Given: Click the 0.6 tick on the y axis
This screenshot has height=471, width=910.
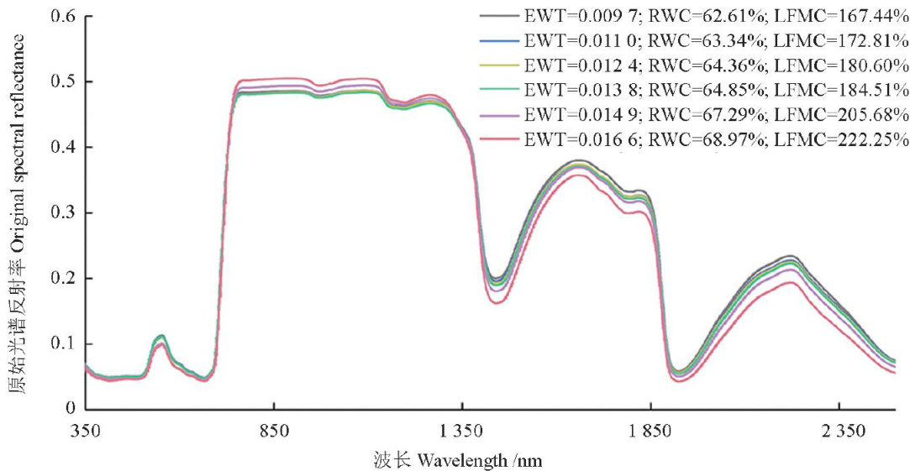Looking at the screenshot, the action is [62, 16].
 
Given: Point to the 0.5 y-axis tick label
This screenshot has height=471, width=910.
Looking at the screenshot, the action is [62, 81].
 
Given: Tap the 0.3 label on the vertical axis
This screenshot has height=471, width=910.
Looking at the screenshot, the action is [62, 213].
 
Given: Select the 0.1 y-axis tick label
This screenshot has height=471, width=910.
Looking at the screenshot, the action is [62, 344].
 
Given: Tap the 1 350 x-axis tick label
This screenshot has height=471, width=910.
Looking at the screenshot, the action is [462, 431].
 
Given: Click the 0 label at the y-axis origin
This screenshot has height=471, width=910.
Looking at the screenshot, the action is [69, 409].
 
